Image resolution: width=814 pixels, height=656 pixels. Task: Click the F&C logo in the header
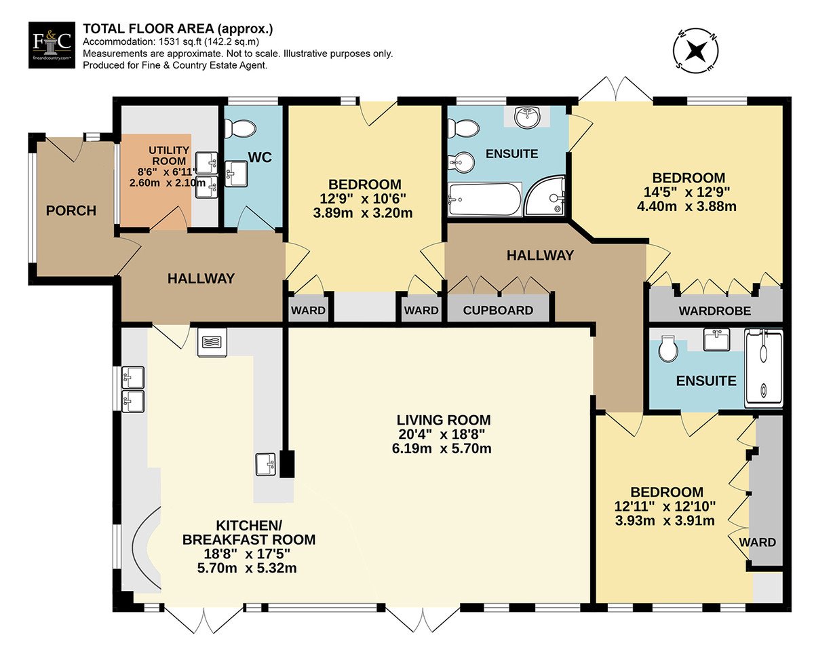pos(52,45)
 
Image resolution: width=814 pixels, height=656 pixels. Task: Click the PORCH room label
pos(71,211)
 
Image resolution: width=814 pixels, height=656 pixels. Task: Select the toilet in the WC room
pos(240,129)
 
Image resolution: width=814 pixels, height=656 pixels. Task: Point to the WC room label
pos(260,157)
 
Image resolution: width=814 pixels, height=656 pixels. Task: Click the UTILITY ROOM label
pos(169,155)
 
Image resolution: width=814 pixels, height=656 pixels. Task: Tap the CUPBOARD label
pos(498,310)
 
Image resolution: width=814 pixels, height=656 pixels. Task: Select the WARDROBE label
pos(714,311)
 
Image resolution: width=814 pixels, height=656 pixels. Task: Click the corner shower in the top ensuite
pos(545,195)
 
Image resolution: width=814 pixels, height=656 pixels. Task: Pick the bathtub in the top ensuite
pos(485,199)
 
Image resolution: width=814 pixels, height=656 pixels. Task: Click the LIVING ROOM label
pos(444,420)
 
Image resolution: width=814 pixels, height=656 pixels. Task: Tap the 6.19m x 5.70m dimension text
pos(442,448)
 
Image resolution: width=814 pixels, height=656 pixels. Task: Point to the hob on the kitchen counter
pos(212,343)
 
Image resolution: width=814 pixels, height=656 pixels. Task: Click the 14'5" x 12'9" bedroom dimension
pos(686,192)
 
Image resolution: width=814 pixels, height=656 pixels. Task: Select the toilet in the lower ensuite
pos(667,349)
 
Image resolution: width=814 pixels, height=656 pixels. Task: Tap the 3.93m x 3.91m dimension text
pos(665,520)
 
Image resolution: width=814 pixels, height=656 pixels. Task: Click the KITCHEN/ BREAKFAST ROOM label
pos(248,533)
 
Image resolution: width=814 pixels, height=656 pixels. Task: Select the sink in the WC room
pos(236,174)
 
